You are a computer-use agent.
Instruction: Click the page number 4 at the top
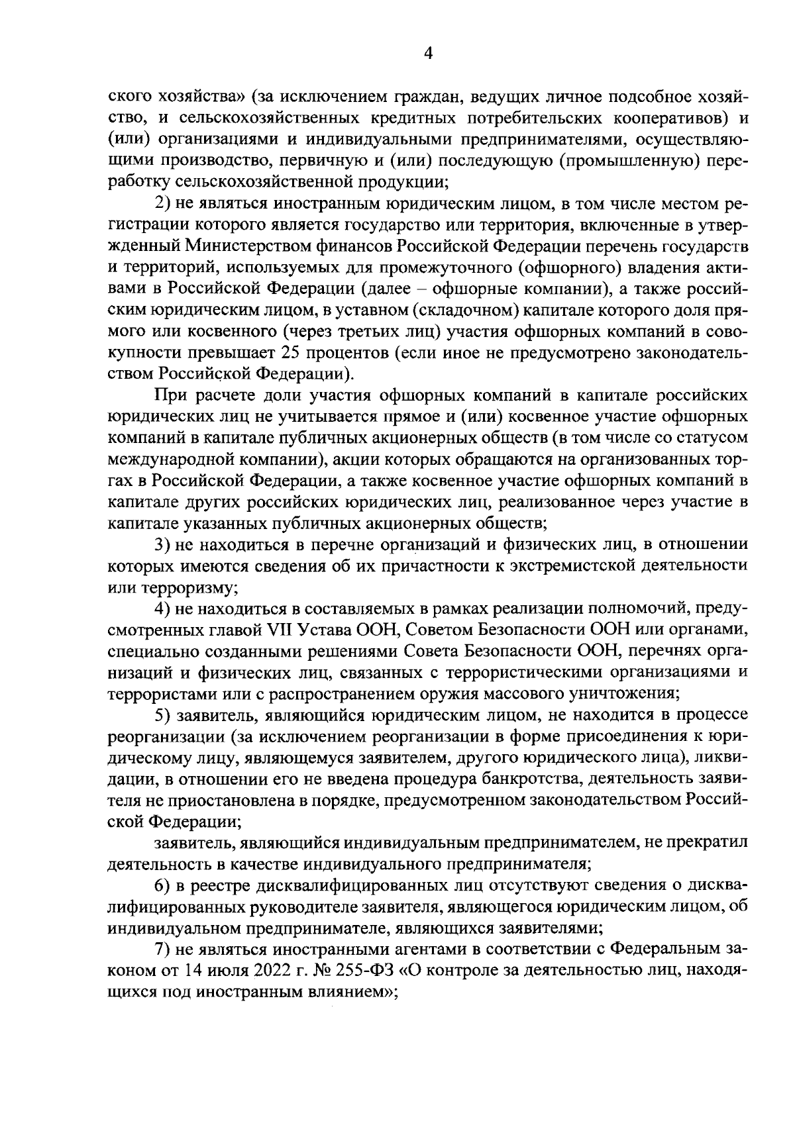(428, 55)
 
